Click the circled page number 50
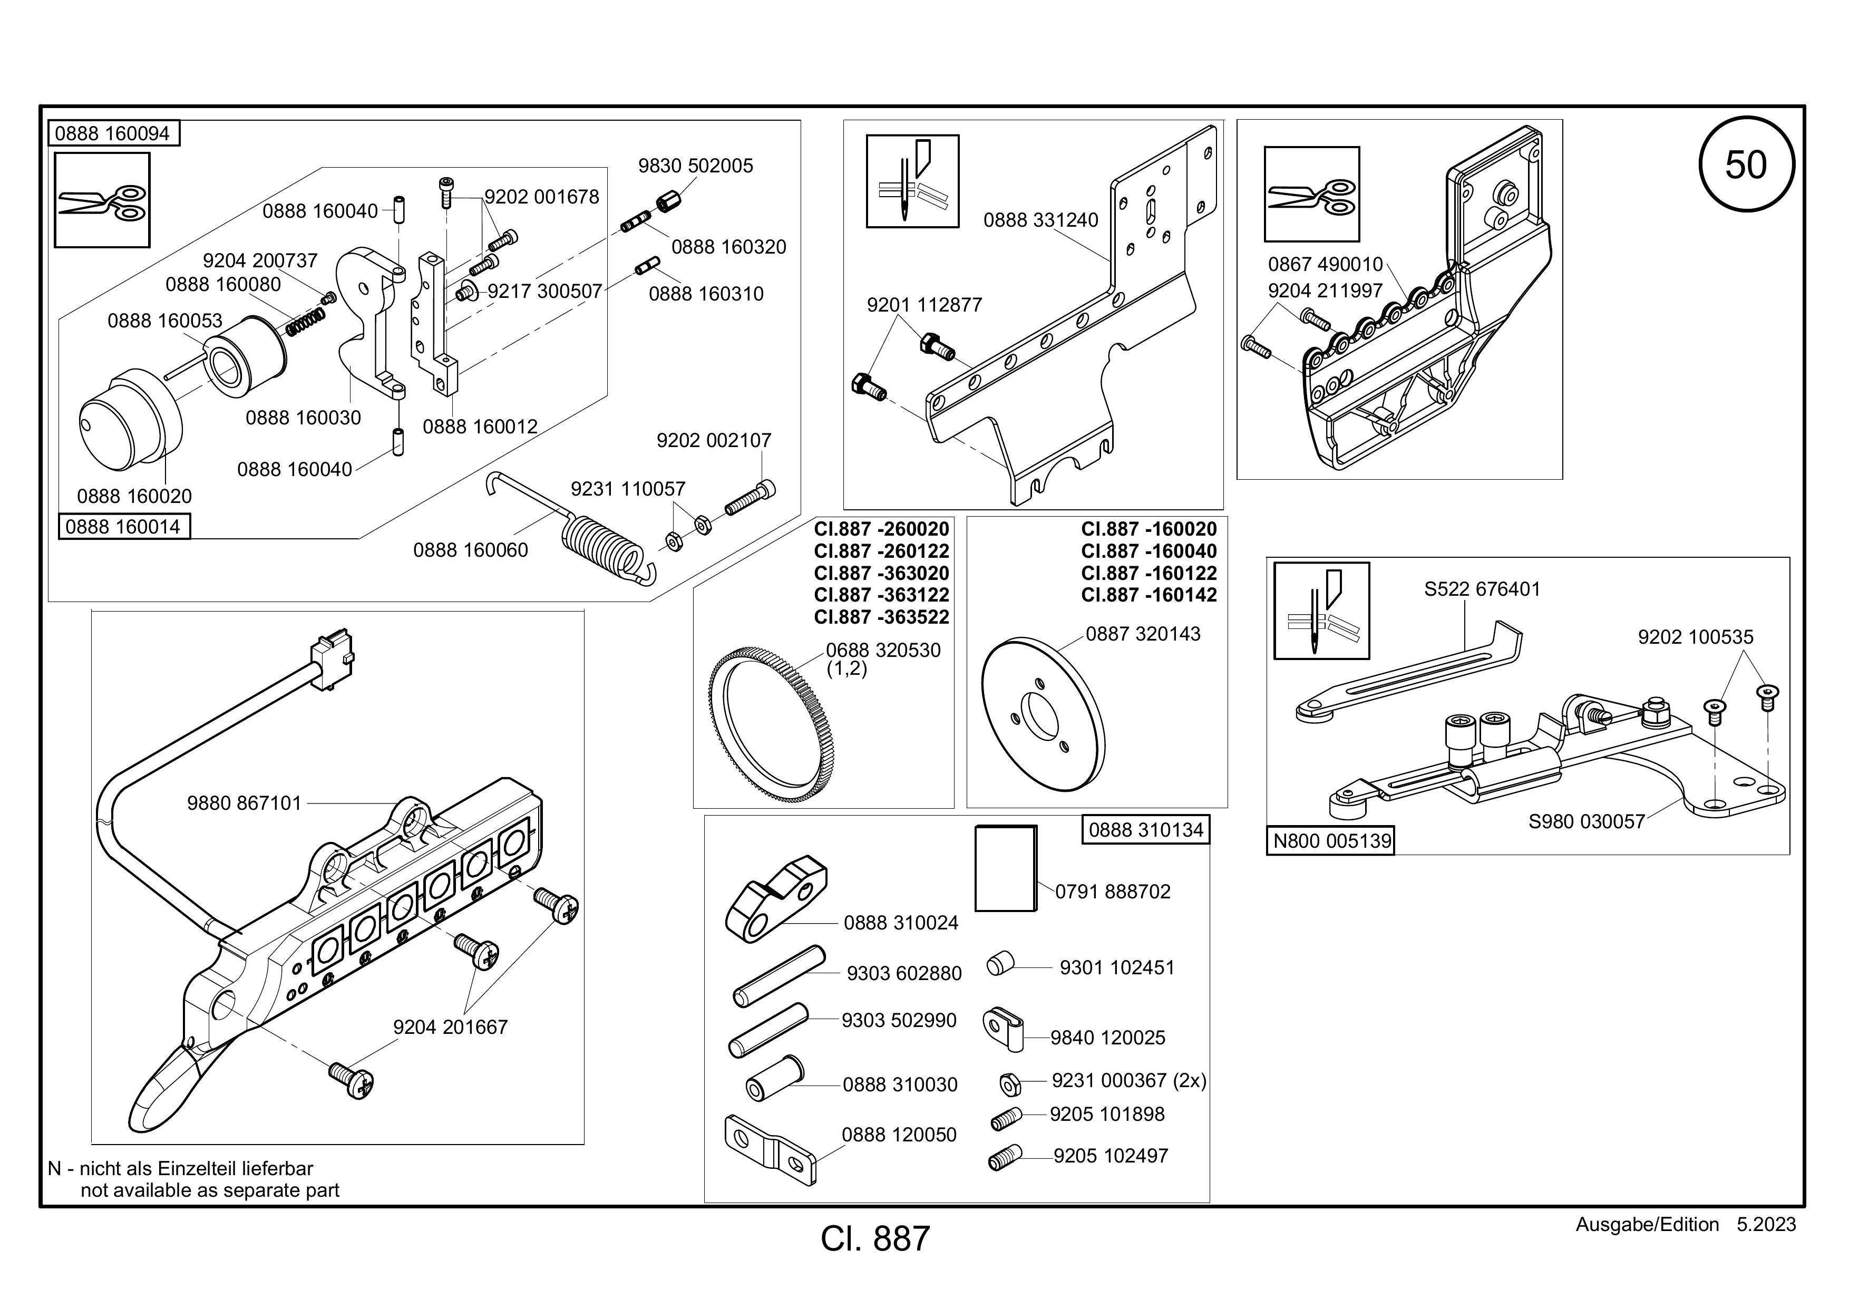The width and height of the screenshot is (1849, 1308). click(x=1746, y=165)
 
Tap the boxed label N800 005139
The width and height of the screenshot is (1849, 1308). click(x=1331, y=841)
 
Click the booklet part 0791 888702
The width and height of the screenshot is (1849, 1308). click(x=1006, y=867)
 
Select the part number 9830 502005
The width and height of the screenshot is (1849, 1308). click(x=696, y=166)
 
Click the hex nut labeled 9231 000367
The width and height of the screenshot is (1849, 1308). click(x=1010, y=1084)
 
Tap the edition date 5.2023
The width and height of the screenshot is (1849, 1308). click(x=1766, y=1224)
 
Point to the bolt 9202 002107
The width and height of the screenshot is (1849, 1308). click(x=751, y=497)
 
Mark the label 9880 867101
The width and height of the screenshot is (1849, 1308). click(x=244, y=803)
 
